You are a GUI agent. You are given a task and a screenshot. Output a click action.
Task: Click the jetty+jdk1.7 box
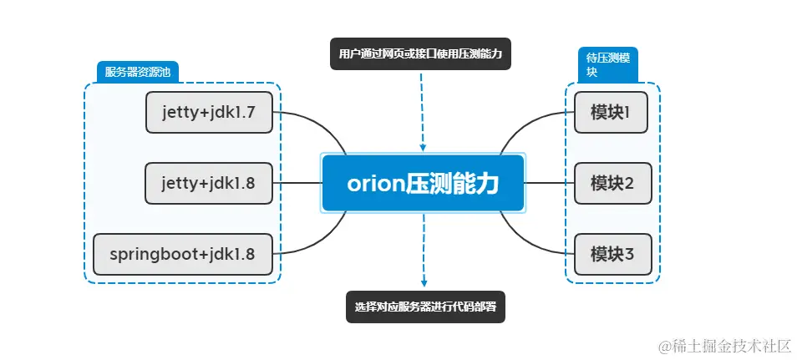tap(210, 113)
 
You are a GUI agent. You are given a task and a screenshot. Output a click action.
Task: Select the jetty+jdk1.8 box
tap(210, 183)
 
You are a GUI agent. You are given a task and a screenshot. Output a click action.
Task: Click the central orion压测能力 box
tap(423, 183)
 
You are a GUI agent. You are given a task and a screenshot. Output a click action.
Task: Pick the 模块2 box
tap(611, 183)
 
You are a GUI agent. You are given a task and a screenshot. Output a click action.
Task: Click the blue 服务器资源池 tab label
tap(137, 72)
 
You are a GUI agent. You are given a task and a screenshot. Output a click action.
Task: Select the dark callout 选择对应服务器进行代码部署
tap(426, 307)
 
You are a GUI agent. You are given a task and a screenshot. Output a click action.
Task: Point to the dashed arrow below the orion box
tap(424, 251)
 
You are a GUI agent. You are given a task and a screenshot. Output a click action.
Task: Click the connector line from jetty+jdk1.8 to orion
tap(297, 183)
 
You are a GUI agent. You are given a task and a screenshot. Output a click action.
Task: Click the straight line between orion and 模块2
tap(549, 183)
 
